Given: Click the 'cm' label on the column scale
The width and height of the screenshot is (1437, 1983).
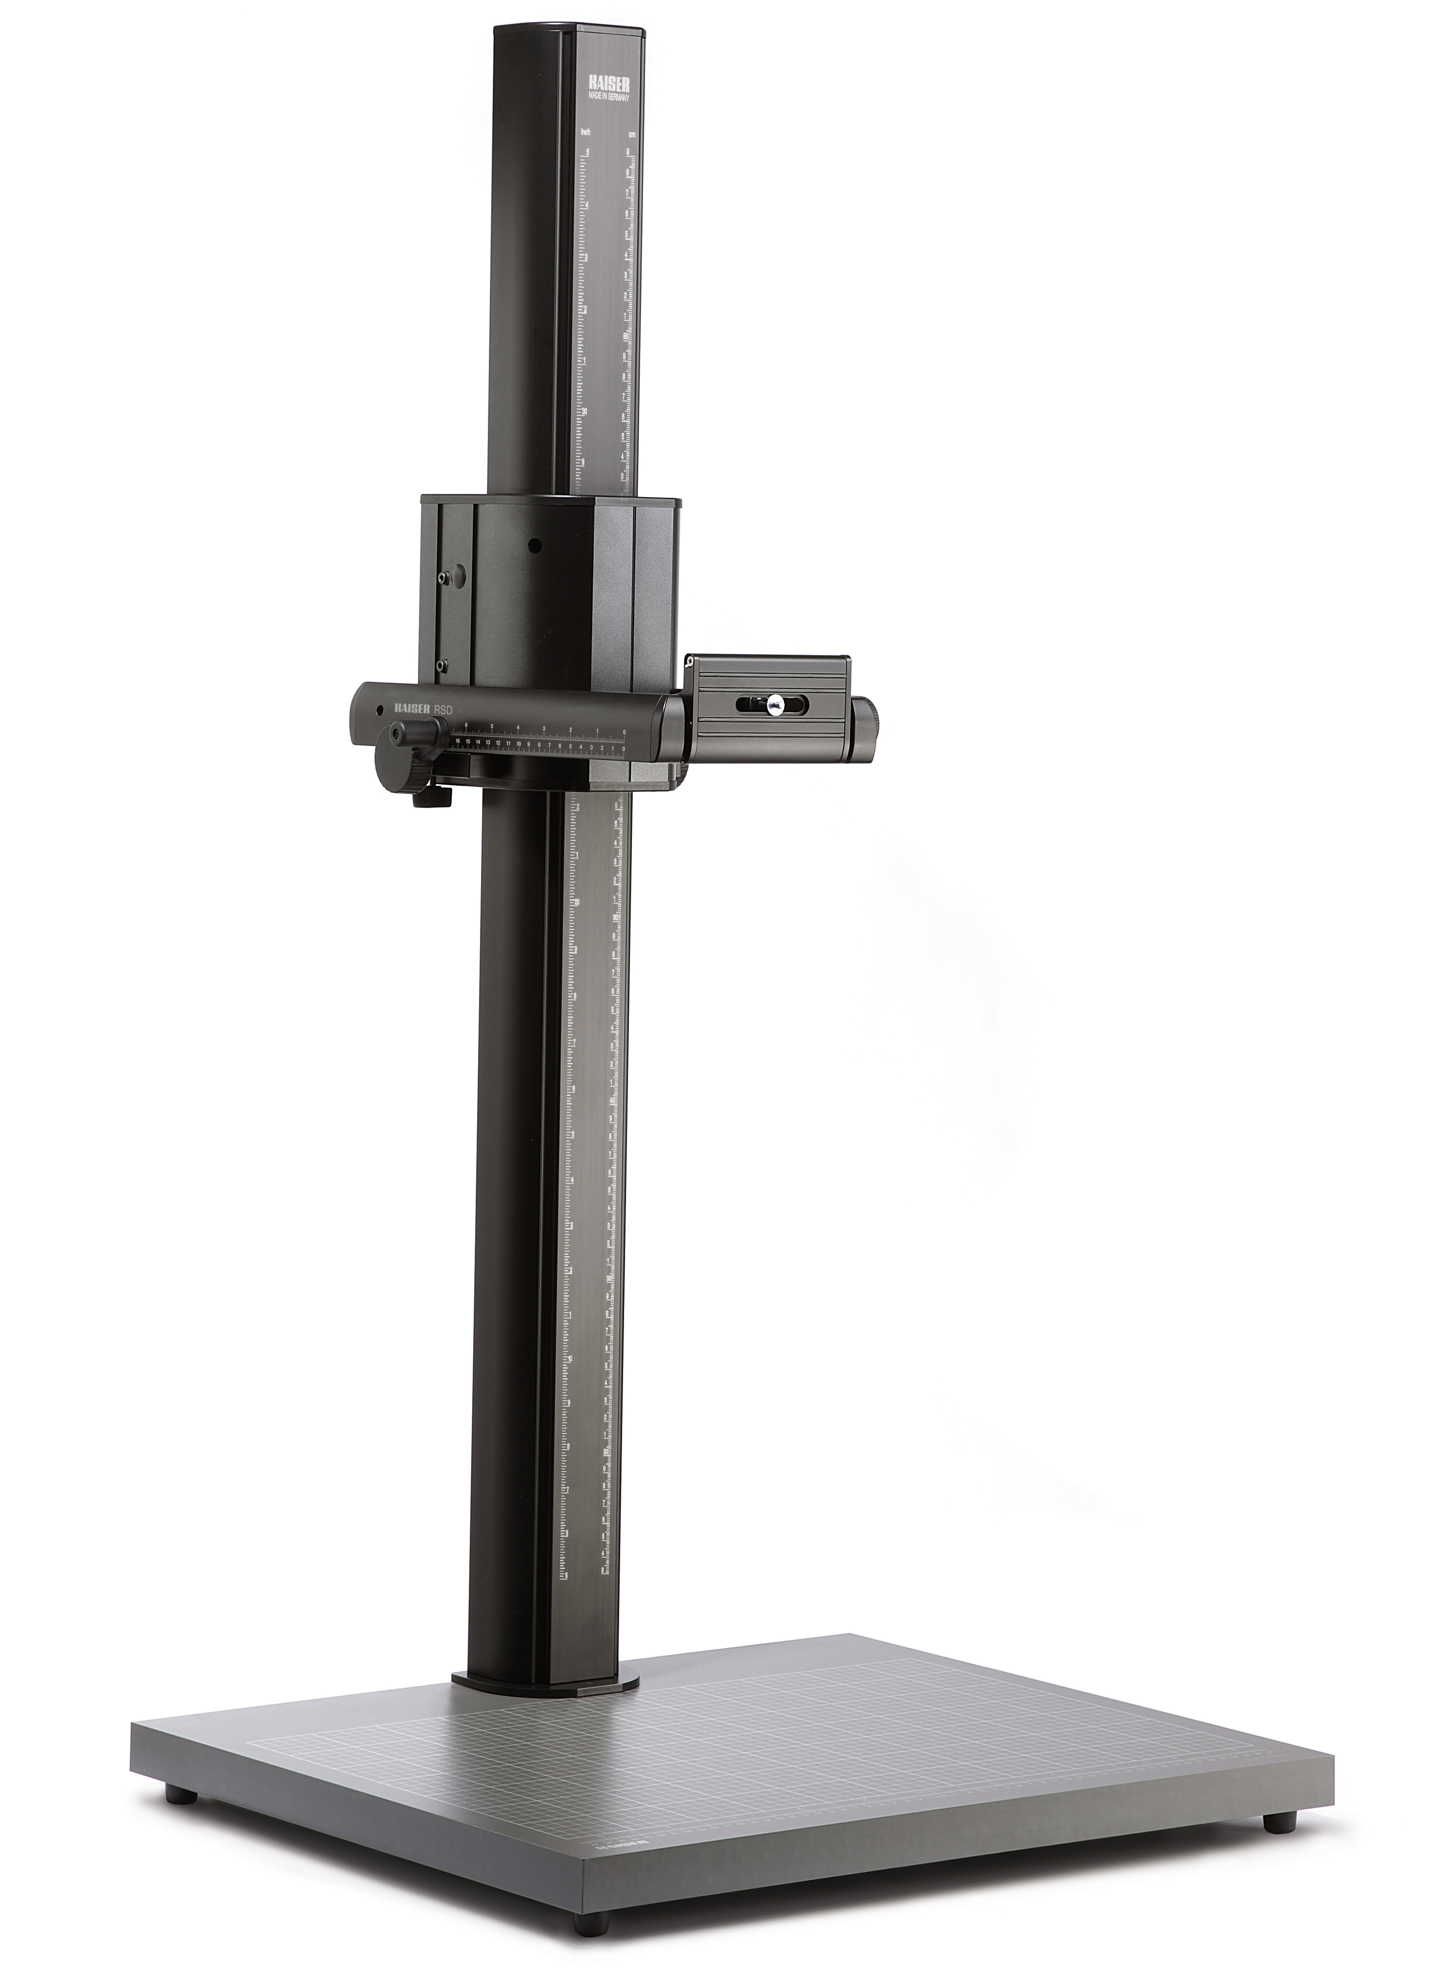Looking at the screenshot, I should pos(631,134).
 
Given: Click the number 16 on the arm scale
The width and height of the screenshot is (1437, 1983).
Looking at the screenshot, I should pos(458,740).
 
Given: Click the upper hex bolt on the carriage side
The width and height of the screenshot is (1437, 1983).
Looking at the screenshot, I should pos(448,577).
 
